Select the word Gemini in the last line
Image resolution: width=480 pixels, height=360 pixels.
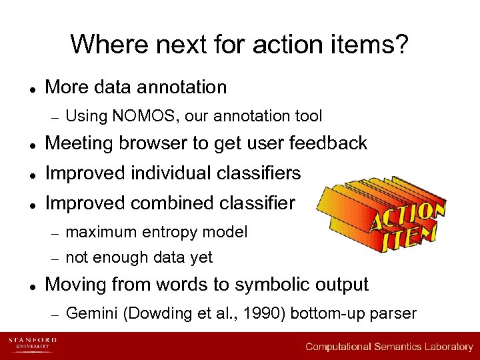point(90,313)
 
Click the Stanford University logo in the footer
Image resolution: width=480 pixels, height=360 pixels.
point(33,345)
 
